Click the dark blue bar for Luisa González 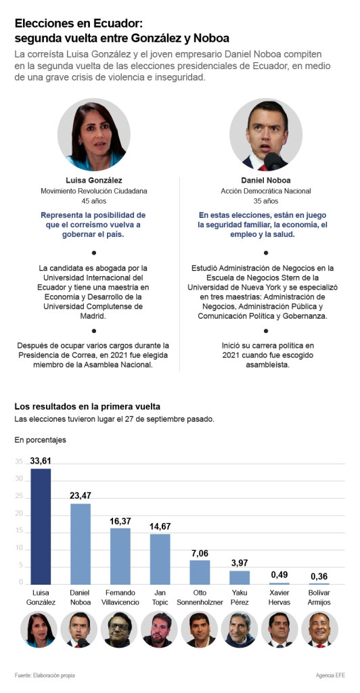(41, 527)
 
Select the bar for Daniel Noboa (81, 544)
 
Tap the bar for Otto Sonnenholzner (200, 573)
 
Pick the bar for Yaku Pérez (240, 578)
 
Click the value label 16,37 (120, 522)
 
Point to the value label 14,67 (160, 527)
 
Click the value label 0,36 (319, 577)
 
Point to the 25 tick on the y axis (18, 497)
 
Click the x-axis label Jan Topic (160, 597)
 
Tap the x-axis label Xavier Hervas (279, 597)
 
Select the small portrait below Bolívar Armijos (319, 630)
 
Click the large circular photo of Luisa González (94, 135)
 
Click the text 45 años (94, 201)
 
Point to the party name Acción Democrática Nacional (266, 192)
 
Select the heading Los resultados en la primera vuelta (87, 406)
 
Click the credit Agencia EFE (330, 675)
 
